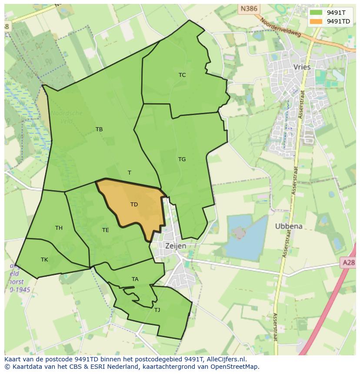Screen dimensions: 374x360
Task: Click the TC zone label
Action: pyautogui.click(x=182, y=75)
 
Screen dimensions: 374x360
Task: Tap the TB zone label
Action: pyautogui.click(x=99, y=129)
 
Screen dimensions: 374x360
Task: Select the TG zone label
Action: pyautogui.click(x=182, y=159)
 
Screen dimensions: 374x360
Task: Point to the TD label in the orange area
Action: pyautogui.click(x=134, y=205)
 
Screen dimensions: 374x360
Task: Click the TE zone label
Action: pyautogui.click(x=105, y=230)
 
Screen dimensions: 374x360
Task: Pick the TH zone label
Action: pyautogui.click(x=59, y=228)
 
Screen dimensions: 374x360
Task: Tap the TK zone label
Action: pyautogui.click(x=44, y=260)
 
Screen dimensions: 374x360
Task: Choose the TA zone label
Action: pyautogui.click(x=135, y=279)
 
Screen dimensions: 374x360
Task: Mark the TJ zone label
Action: pyautogui.click(x=157, y=310)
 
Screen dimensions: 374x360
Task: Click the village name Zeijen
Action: pyautogui.click(x=176, y=246)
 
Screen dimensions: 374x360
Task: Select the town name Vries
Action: pyautogui.click(x=302, y=67)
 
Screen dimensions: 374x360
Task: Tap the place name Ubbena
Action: pyautogui.click(x=289, y=226)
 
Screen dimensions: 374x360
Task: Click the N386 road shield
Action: pyautogui.click(x=248, y=8)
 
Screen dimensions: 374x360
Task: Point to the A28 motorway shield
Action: pyautogui.click(x=348, y=262)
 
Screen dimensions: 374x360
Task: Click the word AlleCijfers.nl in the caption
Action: pyautogui.click(x=226, y=359)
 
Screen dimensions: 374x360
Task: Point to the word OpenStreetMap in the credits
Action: pyautogui.click(x=235, y=367)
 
